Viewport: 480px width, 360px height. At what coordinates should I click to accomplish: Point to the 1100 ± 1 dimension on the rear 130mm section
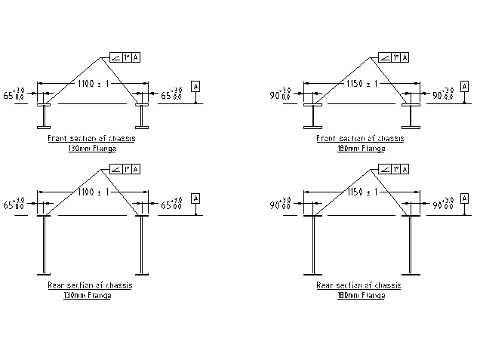click(91, 192)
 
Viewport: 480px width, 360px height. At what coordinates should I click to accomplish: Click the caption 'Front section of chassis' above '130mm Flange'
click(91, 139)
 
